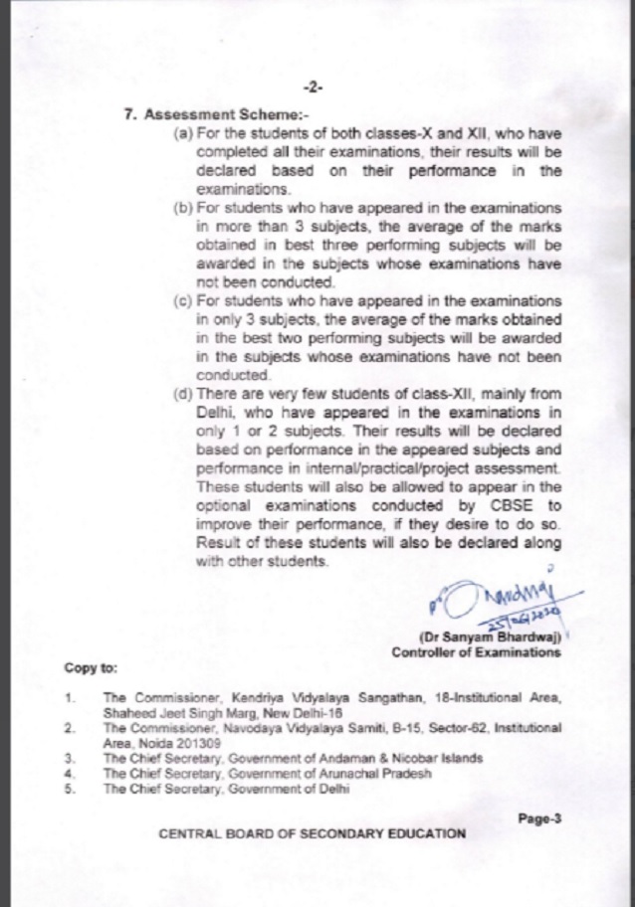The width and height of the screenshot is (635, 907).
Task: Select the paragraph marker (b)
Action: (183, 210)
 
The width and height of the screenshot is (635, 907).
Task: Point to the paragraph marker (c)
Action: (183, 301)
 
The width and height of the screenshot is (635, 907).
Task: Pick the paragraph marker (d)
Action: (183, 394)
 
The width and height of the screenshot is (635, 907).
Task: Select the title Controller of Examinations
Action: (476, 653)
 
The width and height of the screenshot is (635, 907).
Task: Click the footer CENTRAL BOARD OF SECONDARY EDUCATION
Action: (312, 834)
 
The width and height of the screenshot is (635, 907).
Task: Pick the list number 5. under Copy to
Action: (70, 789)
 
